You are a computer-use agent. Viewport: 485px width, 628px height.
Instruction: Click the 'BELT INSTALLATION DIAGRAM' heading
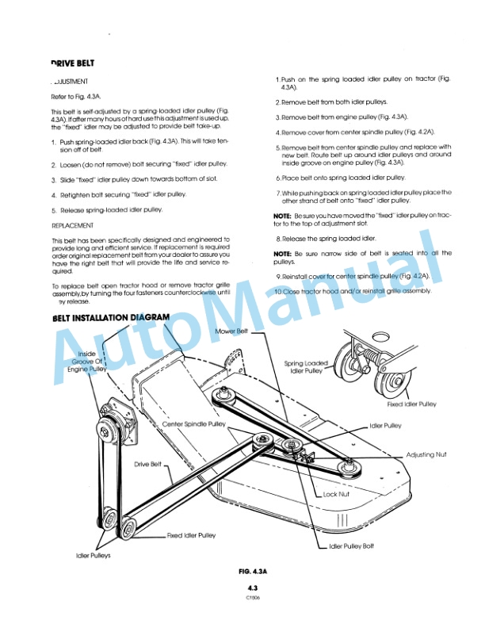(x=110, y=318)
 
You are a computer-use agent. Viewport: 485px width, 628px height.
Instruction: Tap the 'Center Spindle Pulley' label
(x=194, y=424)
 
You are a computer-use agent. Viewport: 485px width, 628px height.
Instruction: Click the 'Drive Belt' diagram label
(x=148, y=464)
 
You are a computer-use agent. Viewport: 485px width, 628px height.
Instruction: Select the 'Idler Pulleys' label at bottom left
(x=94, y=555)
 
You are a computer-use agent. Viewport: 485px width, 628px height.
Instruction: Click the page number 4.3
(x=254, y=588)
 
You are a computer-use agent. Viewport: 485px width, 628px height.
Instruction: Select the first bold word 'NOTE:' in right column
(x=282, y=216)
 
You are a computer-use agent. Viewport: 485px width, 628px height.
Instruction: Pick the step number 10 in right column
(x=277, y=291)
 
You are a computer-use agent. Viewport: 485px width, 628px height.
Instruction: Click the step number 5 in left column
(x=53, y=210)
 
